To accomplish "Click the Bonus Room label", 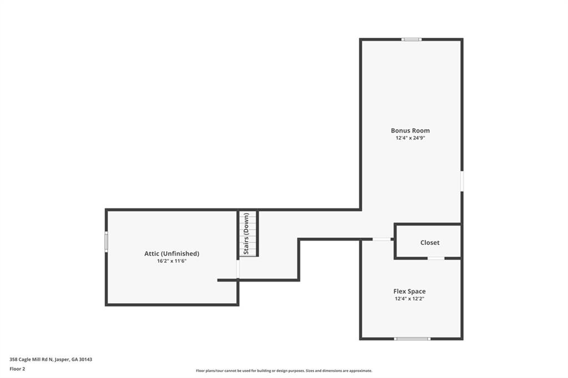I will pyautogui.click(x=410, y=131).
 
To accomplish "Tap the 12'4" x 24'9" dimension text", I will pyautogui.click(x=410, y=138).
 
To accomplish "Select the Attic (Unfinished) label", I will pyautogui.click(x=171, y=253).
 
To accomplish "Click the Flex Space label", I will pyautogui.click(x=409, y=292).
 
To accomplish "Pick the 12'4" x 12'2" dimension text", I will pyautogui.click(x=409, y=299).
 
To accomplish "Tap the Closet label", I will pyautogui.click(x=429, y=243).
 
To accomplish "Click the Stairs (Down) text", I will pyautogui.click(x=246, y=234).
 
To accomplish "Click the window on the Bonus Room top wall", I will pyautogui.click(x=412, y=39).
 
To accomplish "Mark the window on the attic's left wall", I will pyautogui.click(x=106, y=242).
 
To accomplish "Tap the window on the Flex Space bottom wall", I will pyautogui.click(x=412, y=338).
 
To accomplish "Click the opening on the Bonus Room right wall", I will pyautogui.click(x=461, y=181).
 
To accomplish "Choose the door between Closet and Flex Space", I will pyautogui.click(x=436, y=258).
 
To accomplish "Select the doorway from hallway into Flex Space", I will pyautogui.click(x=381, y=239).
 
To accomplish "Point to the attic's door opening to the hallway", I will pyautogui.click(x=238, y=269).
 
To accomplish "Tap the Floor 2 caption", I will pyautogui.click(x=18, y=369).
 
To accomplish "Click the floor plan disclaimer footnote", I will pyautogui.click(x=283, y=371).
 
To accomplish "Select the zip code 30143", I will pyautogui.click(x=85, y=359).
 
